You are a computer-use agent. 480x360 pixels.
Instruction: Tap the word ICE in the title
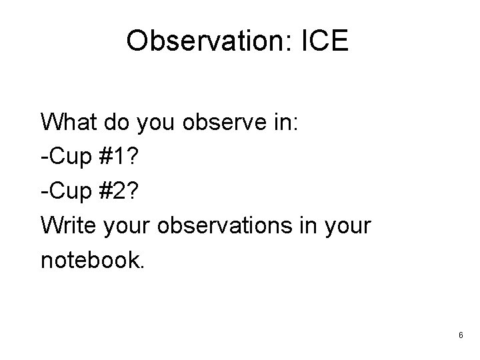[325, 42]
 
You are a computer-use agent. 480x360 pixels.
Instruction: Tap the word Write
[70, 225]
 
